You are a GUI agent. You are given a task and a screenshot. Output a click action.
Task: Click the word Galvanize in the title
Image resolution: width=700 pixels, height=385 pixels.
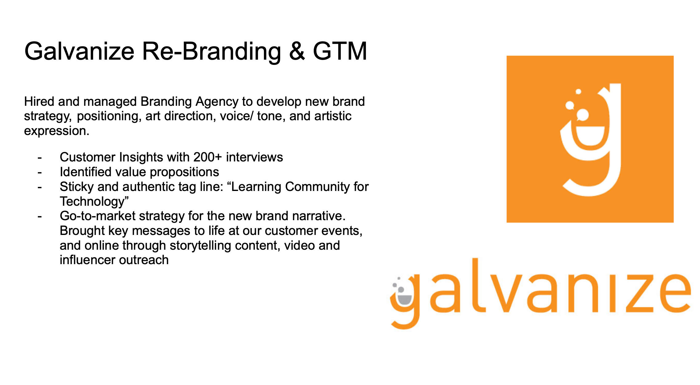click(x=79, y=51)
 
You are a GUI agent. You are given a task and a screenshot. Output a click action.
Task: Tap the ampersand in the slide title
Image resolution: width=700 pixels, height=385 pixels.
click(x=297, y=51)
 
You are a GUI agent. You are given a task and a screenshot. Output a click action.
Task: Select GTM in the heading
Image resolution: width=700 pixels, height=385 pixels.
click(x=340, y=51)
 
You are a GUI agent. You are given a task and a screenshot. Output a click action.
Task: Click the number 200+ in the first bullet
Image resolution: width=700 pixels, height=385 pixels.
click(x=208, y=157)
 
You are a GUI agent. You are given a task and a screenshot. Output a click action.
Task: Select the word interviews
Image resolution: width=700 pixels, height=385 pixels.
click(x=254, y=157)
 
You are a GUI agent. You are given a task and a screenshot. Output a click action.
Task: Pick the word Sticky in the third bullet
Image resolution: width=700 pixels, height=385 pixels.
click(x=77, y=187)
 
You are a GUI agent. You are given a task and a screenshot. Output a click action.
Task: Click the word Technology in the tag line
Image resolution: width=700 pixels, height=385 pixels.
click(x=92, y=202)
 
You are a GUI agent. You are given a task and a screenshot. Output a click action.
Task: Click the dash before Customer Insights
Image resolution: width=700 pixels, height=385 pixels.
click(x=40, y=158)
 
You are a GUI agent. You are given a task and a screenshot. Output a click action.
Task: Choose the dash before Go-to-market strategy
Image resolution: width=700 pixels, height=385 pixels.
click(x=40, y=217)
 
